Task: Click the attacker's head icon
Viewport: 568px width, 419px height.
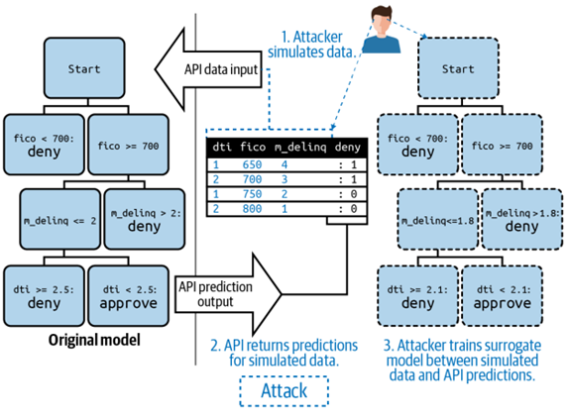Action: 382,30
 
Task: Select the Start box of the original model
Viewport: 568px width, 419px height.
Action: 84,68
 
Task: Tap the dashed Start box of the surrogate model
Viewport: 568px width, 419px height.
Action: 458,68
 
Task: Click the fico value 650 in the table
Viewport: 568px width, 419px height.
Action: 252,164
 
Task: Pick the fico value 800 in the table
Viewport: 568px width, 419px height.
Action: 252,209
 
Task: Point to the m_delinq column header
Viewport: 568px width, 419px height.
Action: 300,148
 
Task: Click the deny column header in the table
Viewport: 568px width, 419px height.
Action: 347,147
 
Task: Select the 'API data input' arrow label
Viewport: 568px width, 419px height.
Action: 221,69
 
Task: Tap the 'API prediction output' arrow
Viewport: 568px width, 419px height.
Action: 228,294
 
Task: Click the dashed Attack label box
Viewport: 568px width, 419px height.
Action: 284,391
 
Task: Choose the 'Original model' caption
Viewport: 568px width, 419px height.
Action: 94,340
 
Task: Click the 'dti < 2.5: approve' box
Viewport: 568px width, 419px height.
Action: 129,296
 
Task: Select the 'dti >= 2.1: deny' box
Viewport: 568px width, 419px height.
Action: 417,296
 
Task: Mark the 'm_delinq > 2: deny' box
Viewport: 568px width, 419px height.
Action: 145,219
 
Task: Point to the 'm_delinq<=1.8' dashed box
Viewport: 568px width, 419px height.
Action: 438,219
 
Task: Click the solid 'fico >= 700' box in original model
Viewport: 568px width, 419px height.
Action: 129,145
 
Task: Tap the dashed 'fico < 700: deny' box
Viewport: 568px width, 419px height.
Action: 417,145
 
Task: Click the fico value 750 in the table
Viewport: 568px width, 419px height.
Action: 252,194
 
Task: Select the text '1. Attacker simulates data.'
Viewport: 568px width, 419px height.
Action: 311,45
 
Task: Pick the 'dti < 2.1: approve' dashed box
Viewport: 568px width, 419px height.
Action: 503,296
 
